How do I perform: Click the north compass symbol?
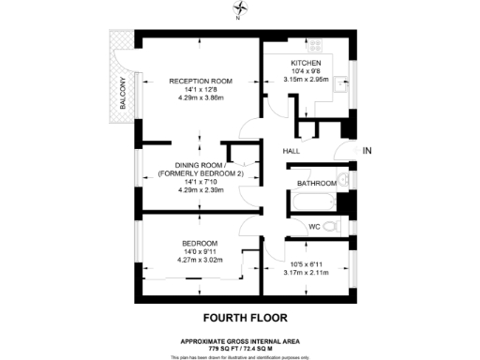pos(240,10)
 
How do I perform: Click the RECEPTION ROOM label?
pos(201,82)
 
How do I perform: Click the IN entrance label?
pos(367,151)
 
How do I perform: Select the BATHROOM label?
pos(317,183)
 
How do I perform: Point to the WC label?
pos(316,227)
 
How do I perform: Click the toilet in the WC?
pos(341,226)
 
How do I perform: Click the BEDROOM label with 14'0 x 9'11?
pos(200,244)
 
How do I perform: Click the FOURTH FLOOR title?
pos(240,318)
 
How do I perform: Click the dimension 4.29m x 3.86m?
pos(201,97)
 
